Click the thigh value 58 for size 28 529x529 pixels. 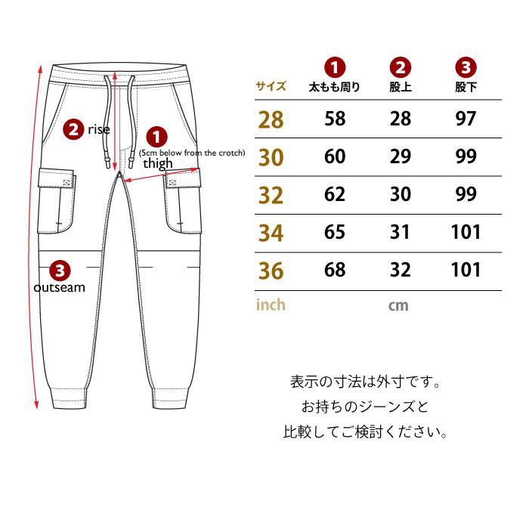[x=335, y=119]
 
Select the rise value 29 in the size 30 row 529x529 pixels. [x=401, y=156]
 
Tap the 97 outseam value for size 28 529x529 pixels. [x=466, y=119]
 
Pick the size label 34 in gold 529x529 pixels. [x=271, y=233]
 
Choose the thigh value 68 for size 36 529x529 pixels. [x=335, y=270]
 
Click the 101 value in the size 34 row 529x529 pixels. [x=466, y=232]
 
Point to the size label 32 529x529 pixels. [x=271, y=195]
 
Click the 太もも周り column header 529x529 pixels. [x=334, y=87]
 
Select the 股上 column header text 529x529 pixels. [x=401, y=87]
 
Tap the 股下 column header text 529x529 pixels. [x=466, y=87]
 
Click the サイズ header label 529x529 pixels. [x=271, y=86]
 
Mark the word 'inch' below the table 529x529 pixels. [x=271, y=305]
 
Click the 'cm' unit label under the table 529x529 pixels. [x=398, y=306]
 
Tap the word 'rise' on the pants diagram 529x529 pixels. [x=99, y=129]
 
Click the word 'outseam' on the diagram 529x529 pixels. [x=60, y=287]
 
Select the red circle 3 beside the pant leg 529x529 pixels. [x=60, y=271]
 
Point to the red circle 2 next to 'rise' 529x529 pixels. [x=73, y=129]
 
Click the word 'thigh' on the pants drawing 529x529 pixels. [x=158, y=164]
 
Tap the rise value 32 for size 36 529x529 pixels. [x=401, y=270]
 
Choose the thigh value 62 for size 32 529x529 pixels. [x=335, y=194]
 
